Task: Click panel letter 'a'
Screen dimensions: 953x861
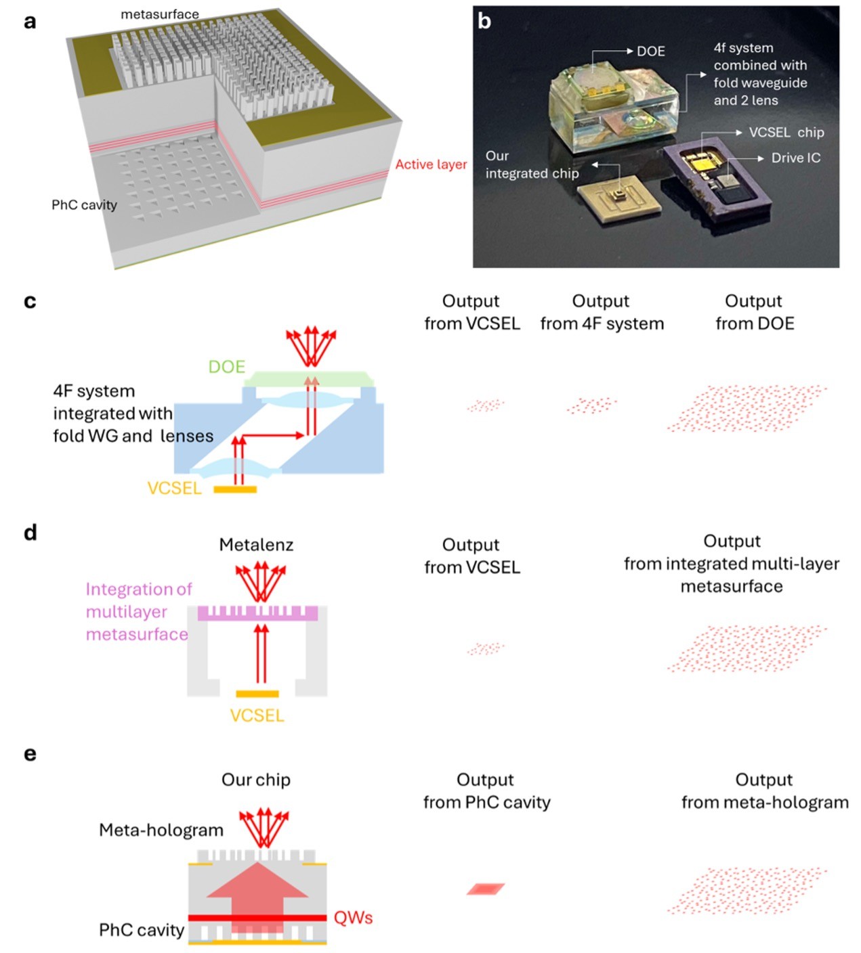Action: click(30, 22)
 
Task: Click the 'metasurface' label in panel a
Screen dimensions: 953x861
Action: click(160, 14)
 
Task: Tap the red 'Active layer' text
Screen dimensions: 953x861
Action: click(431, 164)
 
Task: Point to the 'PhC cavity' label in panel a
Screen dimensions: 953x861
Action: click(84, 205)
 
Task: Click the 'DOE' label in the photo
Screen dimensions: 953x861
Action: click(650, 51)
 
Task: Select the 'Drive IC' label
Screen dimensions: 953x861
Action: click(795, 158)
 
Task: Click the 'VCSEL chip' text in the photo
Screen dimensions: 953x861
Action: click(786, 133)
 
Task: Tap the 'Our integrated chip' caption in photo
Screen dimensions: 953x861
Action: click(532, 164)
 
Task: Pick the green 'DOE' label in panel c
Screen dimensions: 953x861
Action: click(226, 367)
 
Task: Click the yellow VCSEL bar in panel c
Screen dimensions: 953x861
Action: click(235, 489)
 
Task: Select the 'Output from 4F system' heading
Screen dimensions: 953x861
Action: click(602, 312)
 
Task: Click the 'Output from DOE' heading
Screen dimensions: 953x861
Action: click(754, 312)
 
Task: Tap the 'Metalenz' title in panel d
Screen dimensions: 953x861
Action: click(256, 545)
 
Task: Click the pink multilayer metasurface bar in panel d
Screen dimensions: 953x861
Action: click(257, 613)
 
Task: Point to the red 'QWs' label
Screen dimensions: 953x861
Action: click(353, 918)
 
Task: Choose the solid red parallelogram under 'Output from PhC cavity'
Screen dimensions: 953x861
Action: click(486, 889)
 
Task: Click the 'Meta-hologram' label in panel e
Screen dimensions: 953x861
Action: click(161, 830)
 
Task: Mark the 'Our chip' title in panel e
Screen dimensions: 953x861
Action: click(256, 780)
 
